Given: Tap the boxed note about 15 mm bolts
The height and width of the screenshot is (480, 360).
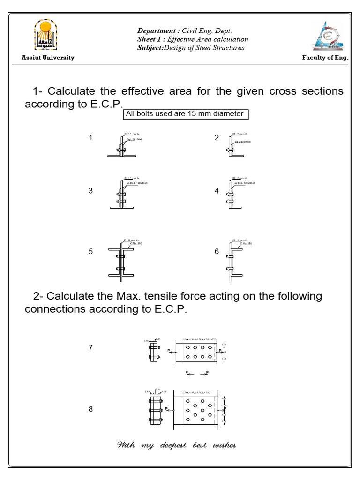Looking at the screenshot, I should coord(185,114).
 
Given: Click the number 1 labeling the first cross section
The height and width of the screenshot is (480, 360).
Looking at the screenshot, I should coord(90,138).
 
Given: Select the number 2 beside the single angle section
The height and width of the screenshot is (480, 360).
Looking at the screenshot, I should coord(217,138).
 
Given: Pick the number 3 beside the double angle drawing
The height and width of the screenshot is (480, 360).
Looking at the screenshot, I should coord(90,191).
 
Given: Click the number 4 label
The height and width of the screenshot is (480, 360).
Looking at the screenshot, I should coord(217,191).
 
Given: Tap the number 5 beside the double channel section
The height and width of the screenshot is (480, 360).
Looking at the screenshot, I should coord(90,252).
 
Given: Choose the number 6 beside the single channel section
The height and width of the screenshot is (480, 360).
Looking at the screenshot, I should coord(217,252).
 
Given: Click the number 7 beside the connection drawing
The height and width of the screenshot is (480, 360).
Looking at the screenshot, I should coord(90,348).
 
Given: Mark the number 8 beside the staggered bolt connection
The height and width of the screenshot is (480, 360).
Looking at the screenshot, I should coord(90,409).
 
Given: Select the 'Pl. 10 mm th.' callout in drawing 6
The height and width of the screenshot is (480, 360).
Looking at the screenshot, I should coord(240,240).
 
